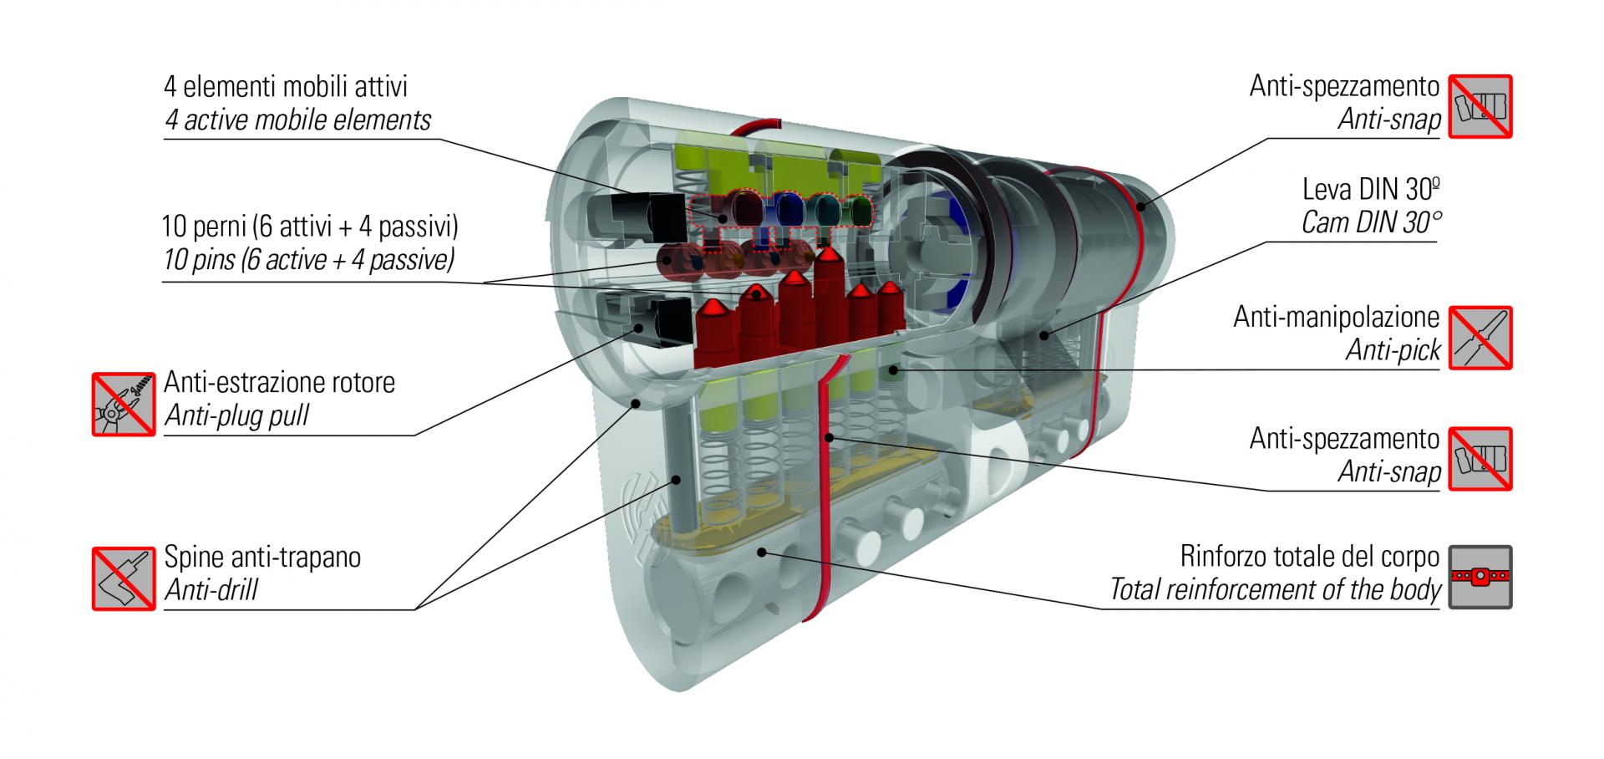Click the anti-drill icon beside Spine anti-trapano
(124, 578)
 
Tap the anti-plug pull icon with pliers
(124, 404)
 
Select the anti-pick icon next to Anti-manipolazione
(1480, 338)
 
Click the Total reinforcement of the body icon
(1480, 578)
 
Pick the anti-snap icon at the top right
(1480, 106)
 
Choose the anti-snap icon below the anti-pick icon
(1480, 459)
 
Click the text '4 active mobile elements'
(297, 121)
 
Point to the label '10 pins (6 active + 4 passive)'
(309, 261)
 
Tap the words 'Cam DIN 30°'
(1371, 223)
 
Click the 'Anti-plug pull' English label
(236, 416)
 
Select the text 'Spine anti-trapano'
(262, 557)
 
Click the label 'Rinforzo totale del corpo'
(1309, 556)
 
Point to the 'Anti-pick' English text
(1393, 351)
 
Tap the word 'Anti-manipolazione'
(1336, 318)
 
